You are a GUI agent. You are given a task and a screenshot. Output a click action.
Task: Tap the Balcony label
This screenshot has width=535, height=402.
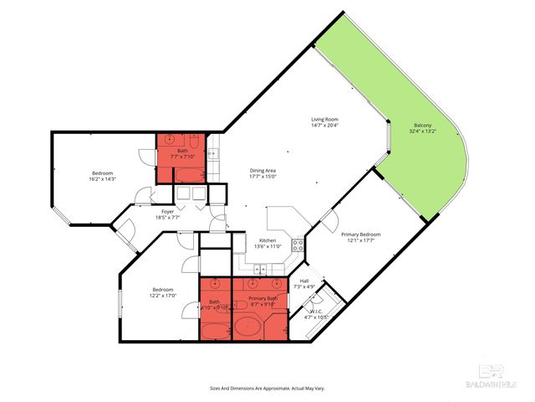tap(421, 126)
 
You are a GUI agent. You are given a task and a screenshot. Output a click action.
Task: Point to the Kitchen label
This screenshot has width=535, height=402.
tap(267, 241)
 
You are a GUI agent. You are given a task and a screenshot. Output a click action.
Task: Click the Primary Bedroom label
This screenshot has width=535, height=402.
tap(364, 234)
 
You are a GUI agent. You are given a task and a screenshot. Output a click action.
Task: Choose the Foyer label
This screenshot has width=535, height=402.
tap(167, 212)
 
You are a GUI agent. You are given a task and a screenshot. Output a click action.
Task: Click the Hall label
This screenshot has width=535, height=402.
tap(304, 281)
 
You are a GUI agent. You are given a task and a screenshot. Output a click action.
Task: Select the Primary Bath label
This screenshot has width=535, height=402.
tap(262, 298)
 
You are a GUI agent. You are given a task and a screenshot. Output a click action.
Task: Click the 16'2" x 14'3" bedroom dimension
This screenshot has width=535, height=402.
tap(102, 178)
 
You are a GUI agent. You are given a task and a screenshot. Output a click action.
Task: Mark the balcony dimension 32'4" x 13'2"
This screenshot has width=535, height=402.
tap(421, 131)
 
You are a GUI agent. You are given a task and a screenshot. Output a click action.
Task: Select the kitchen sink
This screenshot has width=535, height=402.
tap(261, 269)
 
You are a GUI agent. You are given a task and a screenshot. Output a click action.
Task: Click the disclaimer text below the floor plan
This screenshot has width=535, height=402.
tap(267, 388)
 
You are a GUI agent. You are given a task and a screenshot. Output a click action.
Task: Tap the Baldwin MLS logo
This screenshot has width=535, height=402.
tap(497, 379)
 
